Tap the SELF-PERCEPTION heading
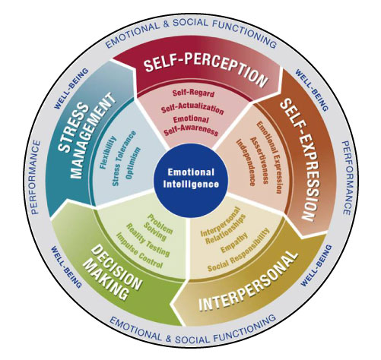coord(206,70)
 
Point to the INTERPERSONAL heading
coord(248,282)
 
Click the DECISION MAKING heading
coord(112,273)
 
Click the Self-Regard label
coord(193,93)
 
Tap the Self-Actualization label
coord(192,109)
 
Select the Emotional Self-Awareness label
coord(191,125)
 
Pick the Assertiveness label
coord(259,160)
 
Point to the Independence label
coord(246,163)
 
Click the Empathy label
coord(234,242)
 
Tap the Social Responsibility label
coord(239,250)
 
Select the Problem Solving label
coord(157,227)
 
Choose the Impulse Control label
coord(139,251)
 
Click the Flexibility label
coord(108,153)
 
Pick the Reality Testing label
coord(148,240)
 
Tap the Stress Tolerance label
coord(124,159)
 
